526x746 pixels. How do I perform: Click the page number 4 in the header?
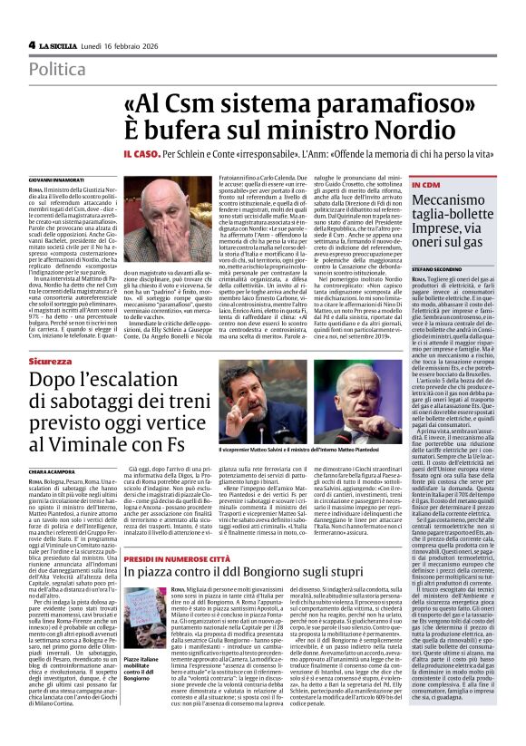pos(32,44)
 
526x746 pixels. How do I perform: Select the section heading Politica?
pos(58,69)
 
